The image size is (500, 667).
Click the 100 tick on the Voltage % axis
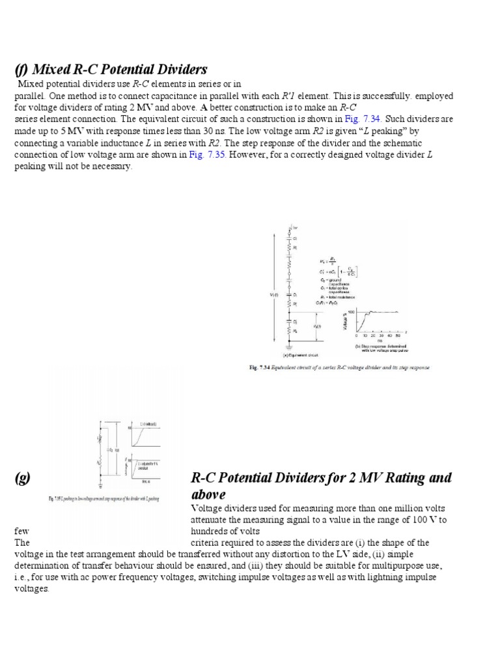point(350,312)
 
